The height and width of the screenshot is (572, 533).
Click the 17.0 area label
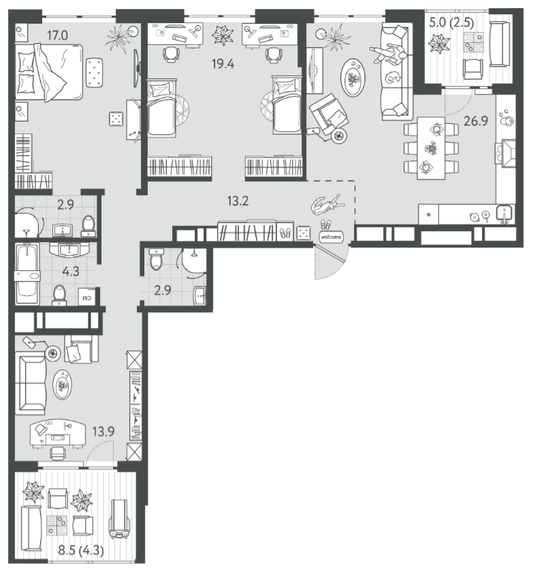pos(57,36)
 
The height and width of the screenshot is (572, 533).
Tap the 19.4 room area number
pos(223,64)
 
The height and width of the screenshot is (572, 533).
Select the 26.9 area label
pos(476,121)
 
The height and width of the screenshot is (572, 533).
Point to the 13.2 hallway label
pos(238,201)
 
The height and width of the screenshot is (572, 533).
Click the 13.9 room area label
pos(103,432)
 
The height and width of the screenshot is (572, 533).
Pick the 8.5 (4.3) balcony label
pos(81,550)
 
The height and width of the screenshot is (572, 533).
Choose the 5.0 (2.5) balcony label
pos(451,23)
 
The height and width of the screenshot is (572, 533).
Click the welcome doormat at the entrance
pos(331,237)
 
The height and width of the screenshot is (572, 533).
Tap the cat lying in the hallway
pos(327,205)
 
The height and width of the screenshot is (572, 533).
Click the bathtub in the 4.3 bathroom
pos(27,274)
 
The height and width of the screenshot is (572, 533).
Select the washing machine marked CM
pos(87,297)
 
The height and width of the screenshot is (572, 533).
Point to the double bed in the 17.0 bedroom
pos(48,72)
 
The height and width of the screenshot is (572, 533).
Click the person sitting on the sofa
pos(389,54)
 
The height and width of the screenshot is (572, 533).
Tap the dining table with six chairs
pos(431,148)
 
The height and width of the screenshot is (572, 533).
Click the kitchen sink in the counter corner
pos(505,214)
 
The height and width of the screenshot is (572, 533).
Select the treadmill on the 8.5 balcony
pos(119,520)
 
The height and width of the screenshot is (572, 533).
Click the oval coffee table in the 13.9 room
pos(62,385)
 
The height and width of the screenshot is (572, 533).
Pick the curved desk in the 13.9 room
pos(58,433)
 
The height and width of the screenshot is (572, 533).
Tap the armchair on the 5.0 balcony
pos(473,69)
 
